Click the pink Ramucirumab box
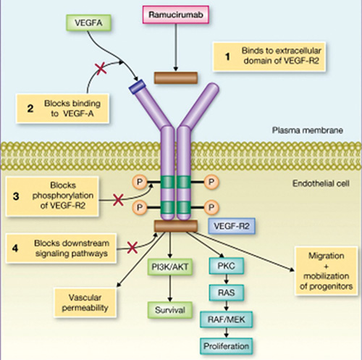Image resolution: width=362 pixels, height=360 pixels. [x=176, y=14]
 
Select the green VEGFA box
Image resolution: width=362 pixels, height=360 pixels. [x=88, y=22]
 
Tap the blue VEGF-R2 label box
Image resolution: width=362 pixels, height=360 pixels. [x=232, y=226]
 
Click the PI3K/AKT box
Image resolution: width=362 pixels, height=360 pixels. [x=170, y=267]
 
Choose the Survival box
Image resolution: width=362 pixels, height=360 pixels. [x=170, y=310]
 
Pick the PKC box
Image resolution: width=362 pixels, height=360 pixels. [x=226, y=266]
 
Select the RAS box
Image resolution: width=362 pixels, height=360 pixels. [x=226, y=293]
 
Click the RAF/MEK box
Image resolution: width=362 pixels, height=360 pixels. [x=226, y=319]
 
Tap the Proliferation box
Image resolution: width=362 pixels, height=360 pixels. [x=226, y=346]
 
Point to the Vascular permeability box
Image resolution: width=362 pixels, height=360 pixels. [x=85, y=303]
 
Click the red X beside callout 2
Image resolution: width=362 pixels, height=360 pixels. [x=101, y=69]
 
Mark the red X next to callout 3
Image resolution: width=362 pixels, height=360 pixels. [x=118, y=200]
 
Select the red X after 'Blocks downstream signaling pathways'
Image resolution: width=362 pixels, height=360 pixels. [x=132, y=248]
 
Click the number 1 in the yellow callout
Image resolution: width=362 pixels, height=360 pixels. [x=227, y=56]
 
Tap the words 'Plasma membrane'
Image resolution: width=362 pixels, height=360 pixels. [x=308, y=130]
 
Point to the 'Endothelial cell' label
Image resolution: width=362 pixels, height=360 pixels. [x=321, y=184]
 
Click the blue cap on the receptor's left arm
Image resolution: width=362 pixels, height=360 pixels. [x=138, y=87]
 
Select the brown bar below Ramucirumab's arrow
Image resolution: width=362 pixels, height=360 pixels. [x=176, y=78]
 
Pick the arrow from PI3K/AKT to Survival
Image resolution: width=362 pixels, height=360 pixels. [x=170, y=288]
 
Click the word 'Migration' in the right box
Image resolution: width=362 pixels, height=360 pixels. [x=326, y=256]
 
